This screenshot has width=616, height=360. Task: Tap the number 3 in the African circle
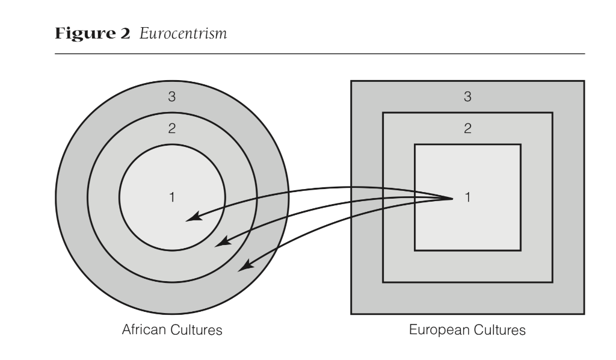[x=172, y=97]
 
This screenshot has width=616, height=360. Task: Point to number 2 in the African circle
[x=172, y=129]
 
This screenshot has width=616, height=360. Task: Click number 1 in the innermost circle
[x=172, y=197]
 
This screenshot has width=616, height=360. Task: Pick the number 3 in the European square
[x=467, y=97]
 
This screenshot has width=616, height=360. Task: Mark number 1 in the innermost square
[x=467, y=197]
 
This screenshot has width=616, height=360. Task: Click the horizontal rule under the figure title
[x=319, y=54]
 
